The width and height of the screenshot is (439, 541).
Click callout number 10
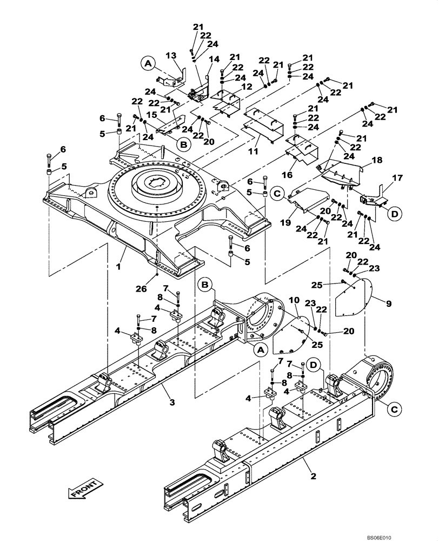(x=294, y=300)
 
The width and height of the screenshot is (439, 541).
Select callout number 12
(x=246, y=87)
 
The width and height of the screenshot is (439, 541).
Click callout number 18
(x=377, y=160)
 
